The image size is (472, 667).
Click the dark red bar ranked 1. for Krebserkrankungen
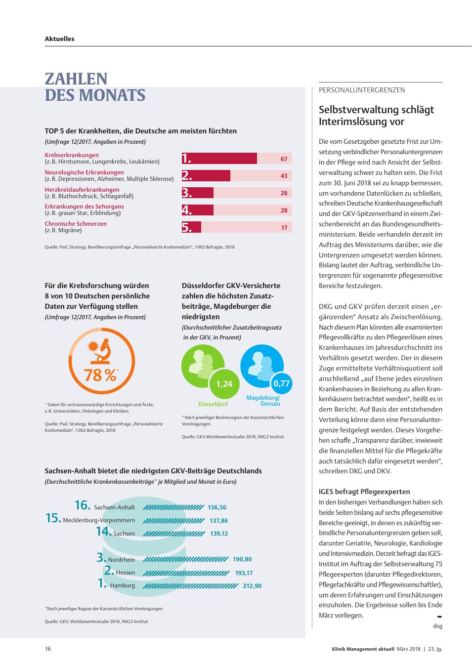219,158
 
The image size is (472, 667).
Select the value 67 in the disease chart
284,159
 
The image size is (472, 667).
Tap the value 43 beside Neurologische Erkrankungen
284,176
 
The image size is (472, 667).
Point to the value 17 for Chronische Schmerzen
284,228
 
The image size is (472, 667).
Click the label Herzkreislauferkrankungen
82,189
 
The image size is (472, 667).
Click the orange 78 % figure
101,375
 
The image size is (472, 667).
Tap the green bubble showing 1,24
224,384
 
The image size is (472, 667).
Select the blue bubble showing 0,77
281,383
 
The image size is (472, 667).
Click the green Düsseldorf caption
213,404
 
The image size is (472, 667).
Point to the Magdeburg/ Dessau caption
263,401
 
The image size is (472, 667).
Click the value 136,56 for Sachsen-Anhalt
217,507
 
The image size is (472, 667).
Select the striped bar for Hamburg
191,586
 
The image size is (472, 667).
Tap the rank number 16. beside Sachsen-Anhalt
83,505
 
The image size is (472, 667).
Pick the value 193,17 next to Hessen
244,573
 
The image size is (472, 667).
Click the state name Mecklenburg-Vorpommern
99,520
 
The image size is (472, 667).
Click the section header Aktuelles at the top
60,39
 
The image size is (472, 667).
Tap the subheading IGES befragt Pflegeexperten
364,492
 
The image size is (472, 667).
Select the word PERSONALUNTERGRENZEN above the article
362,90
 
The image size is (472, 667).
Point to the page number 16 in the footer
48,649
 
